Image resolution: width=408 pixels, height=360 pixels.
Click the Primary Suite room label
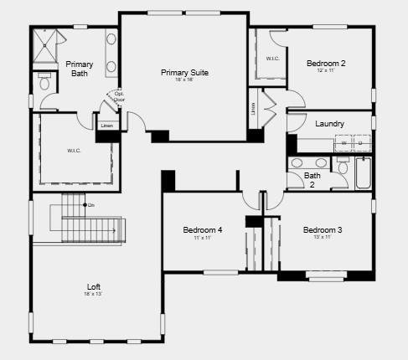[184, 73]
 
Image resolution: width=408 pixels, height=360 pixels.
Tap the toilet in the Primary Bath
[44, 81]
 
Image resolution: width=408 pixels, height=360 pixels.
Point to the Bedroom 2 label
[325, 63]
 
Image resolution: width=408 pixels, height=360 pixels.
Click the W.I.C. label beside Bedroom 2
[272, 59]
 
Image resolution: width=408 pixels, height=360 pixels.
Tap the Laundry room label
[329, 124]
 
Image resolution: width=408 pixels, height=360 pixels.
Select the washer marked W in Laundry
[343, 143]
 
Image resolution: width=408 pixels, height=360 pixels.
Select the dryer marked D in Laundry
[360, 143]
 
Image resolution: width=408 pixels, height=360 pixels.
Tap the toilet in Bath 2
[343, 167]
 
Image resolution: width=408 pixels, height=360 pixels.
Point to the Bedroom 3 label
[323, 230]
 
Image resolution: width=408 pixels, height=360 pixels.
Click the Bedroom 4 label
[203, 230]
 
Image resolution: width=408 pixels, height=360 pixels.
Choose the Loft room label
[93, 287]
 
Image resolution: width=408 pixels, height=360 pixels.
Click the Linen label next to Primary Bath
[106, 126]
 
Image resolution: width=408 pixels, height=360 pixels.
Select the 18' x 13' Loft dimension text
[93, 295]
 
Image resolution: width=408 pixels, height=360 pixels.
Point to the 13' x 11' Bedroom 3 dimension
[323, 238]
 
